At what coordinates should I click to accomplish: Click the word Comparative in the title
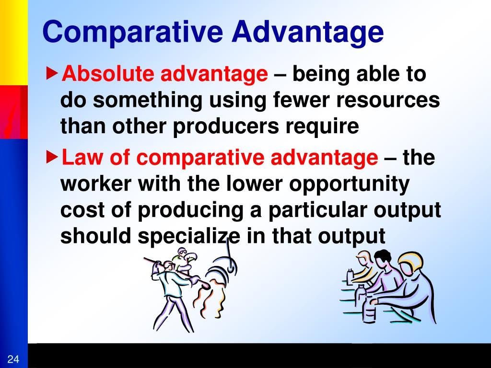click(133, 32)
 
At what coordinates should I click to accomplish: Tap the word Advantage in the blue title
click(307, 33)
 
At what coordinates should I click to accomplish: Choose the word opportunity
click(349, 184)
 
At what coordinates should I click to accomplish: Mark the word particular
click(317, 211)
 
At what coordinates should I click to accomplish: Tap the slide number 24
click(13, 359)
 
